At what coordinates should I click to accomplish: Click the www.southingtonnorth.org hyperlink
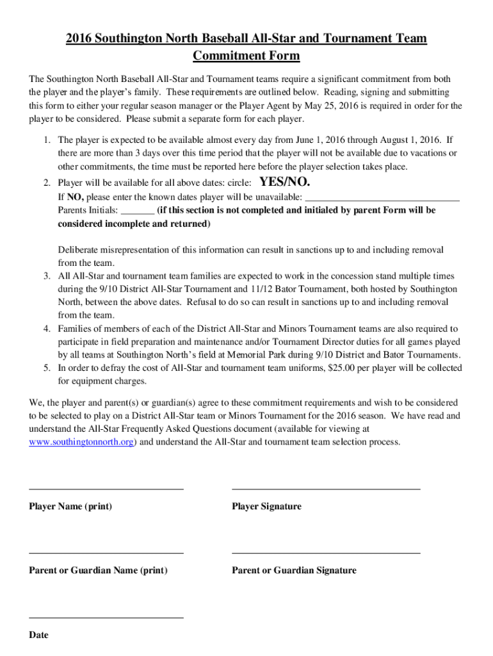coord(81,442)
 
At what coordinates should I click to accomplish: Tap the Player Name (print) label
coord(70,506)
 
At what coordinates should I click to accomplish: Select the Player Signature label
coord(266,506)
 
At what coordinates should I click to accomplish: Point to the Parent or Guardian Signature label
coord(294,570)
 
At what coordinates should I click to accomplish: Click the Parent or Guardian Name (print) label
coord(98,570)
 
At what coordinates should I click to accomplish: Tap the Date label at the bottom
coord(38,635)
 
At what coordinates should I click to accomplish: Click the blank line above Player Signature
coord(326,489)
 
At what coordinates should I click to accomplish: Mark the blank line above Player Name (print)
coord(106,489)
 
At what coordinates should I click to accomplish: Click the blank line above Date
coord(106,618)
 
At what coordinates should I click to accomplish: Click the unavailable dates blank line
coord(382,201)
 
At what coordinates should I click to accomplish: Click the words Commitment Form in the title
coord(247,56)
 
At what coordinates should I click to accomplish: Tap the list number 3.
coord(47,276)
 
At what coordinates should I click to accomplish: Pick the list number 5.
coord(47,368)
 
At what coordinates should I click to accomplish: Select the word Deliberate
coord(83,250)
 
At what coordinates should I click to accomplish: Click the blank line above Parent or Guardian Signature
coord(326,553)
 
